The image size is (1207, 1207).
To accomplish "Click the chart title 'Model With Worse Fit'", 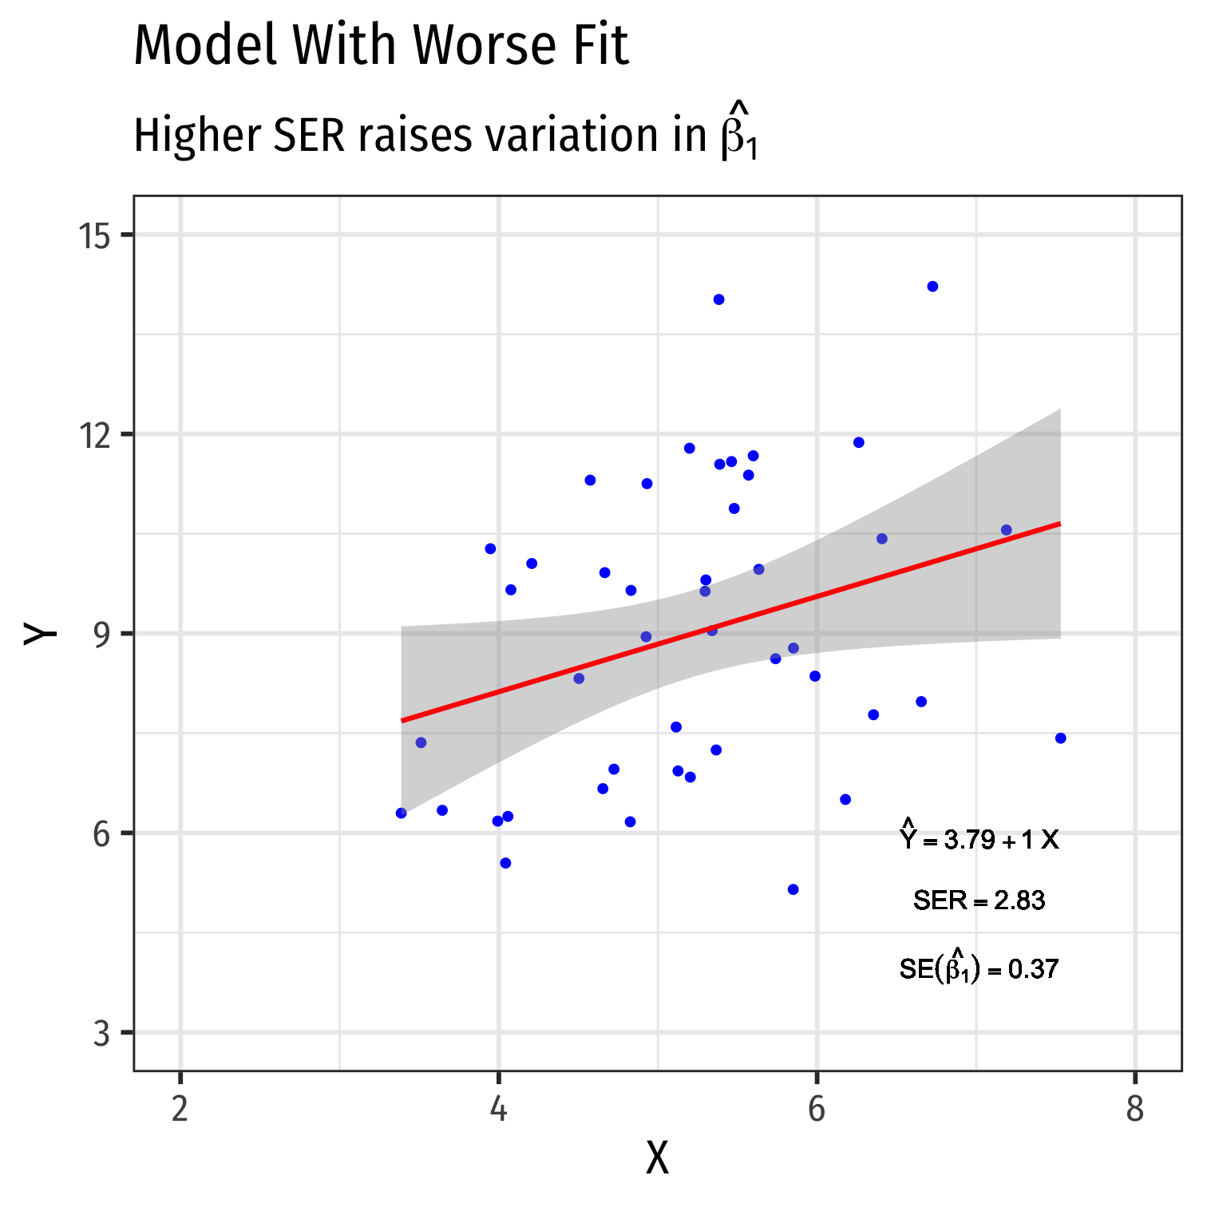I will (381, 46).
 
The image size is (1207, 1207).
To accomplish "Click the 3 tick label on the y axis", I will (101, 1033).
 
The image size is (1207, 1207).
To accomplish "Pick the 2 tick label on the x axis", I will (180, 1110).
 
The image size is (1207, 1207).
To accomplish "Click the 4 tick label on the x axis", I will (499, 1110).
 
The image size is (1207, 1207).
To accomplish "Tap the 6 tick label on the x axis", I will (817, 1110).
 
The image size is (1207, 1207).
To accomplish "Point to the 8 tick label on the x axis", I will (1134, 1110).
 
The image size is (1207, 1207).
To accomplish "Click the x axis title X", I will (657, 1159).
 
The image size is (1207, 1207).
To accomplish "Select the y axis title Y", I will (42, 633).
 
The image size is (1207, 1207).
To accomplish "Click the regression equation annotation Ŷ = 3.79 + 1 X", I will (979, 838).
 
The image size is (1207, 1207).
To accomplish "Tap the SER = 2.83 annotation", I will (979, 901).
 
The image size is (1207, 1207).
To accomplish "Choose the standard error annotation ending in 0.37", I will (979, 968).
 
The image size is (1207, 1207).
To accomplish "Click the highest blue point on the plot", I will (932, 287).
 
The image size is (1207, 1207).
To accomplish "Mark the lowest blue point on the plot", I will (793, 889).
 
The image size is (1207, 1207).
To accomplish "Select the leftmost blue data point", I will (401, 813).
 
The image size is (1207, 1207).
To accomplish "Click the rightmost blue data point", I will (1060, 738).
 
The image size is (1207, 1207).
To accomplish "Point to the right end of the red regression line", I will (1059, 524).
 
